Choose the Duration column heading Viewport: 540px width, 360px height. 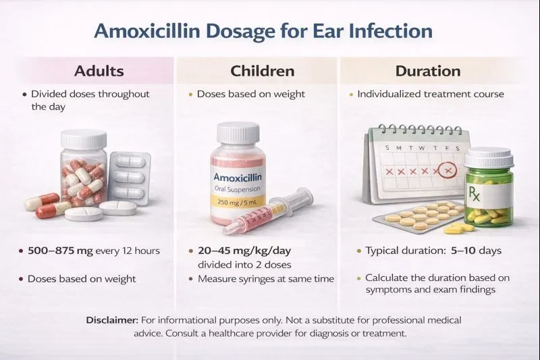click(x=437, y=71)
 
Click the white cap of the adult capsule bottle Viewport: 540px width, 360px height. click(x=83, y=138)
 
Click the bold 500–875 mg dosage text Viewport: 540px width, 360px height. click(x=55, y=251)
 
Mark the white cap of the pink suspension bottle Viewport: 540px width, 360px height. click(x=238, y=132)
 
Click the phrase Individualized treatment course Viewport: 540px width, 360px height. click(x=431, y=94)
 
